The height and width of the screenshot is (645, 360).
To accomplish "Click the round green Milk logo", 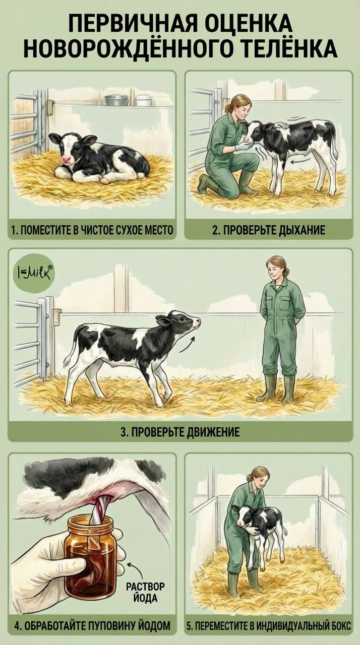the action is pyautogui.click(x=34, y=273).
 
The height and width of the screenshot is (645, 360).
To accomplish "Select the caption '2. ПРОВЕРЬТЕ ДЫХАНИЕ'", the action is pyautogui.click(x=269, y=230).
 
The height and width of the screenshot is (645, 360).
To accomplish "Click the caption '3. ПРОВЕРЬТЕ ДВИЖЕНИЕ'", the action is pyautogui.click(x=181, y=432).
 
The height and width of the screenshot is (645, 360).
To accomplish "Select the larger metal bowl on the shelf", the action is pyautogui.click(x=116, y=100).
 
